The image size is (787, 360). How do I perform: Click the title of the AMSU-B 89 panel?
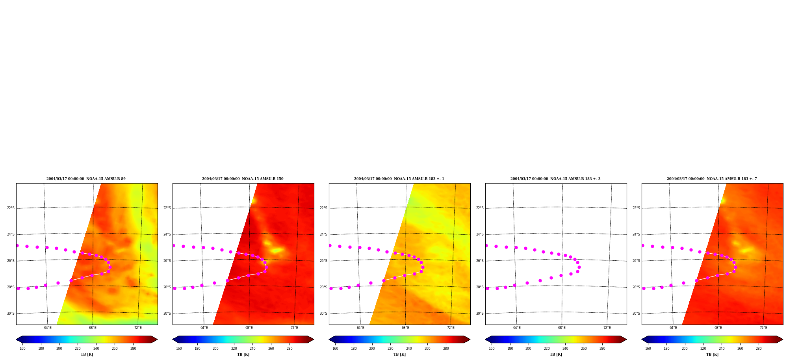click(86, 179)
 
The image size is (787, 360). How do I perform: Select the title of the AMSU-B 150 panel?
click(243, 179)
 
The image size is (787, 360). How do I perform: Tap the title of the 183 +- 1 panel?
click(399, 179)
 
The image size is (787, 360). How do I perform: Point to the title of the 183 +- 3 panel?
click(555, 179)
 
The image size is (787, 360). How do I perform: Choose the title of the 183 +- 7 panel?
click(712, 179)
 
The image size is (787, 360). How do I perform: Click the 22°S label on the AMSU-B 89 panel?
click(11, 208)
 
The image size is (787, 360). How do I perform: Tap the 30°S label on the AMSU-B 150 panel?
click(167, 314)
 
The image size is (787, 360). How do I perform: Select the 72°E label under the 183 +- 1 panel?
click(451, 328)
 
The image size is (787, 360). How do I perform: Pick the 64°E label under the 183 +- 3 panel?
click(517, 328)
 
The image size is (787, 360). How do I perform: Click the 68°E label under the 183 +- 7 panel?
click(718, 328)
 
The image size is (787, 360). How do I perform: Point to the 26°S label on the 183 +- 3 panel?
click(480, 261)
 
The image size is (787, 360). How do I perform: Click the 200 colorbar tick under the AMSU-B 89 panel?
click(59, 348)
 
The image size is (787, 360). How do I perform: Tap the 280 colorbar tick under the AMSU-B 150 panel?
click(290, 348)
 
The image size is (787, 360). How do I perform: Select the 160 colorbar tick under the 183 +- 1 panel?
click(335, 348)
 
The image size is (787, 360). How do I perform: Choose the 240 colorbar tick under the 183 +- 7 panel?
click(722, 348)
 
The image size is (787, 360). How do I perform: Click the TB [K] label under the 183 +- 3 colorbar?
click(556, 354)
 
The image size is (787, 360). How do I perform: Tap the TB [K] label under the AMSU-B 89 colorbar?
click(87, 354)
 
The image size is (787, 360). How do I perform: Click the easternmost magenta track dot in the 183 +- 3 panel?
click(579, 267)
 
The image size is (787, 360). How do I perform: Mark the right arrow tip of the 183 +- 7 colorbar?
click(783, 340)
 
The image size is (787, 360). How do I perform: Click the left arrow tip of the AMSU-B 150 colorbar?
click(173, 340)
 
